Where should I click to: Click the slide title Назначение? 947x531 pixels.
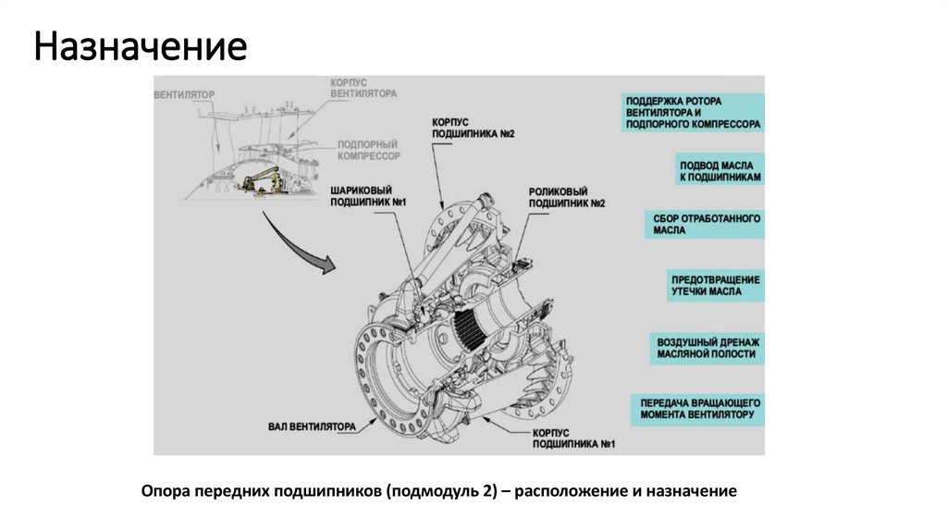(141, 45)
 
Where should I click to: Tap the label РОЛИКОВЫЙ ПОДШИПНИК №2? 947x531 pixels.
(567, 196)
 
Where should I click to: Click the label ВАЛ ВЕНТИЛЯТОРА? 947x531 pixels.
(312, 426)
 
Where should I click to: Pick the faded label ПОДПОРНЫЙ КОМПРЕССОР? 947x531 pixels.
(368, 151)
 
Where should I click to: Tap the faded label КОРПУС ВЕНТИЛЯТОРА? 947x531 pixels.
(364, 88)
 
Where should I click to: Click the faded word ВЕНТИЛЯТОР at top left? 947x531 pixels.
(185, 94)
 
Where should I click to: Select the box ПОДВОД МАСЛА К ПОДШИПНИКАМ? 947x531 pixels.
(719, 168)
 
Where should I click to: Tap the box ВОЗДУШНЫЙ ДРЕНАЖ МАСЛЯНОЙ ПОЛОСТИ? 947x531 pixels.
(707, 347)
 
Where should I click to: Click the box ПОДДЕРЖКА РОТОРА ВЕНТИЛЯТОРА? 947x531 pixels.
(692, 112)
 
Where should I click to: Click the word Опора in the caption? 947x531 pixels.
(165, 491)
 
